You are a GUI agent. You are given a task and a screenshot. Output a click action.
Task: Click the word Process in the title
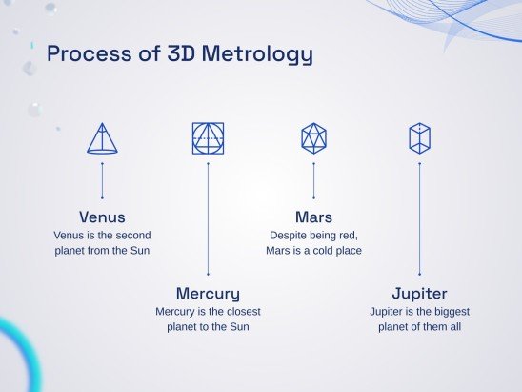(x=87, y=53)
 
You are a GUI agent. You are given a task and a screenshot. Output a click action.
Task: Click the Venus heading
(x=102, y=217)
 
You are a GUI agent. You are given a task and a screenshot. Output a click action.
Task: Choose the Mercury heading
(x=208, y=292)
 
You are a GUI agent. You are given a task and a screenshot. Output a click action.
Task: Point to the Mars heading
(x=313, y=217)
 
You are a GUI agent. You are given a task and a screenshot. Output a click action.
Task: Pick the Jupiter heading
(x=419, y=292)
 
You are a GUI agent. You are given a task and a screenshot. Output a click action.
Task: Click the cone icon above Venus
(x=102, y=138)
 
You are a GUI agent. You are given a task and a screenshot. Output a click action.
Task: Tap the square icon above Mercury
(x=208, y=138)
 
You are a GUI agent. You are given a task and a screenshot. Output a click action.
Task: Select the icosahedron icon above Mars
(x=313, y=138)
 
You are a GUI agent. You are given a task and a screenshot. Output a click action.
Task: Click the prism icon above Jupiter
(x=419, y=138)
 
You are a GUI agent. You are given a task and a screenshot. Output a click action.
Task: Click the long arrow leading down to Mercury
(x=208, y=219)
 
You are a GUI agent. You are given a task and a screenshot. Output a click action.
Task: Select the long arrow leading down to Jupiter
(x=419, y=219)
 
